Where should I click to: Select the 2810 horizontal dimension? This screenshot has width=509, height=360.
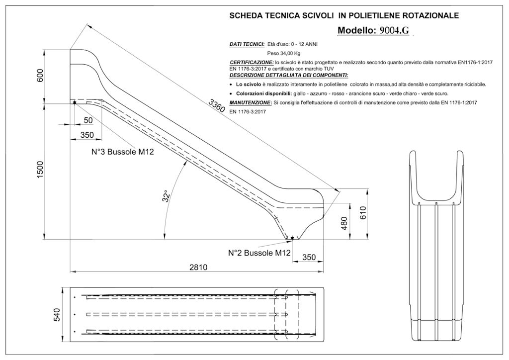click(198, 267)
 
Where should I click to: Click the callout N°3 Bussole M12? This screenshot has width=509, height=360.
click(118, 152)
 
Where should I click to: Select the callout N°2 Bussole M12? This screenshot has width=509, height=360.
click(259, 253)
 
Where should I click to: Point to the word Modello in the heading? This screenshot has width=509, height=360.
click(356, 30)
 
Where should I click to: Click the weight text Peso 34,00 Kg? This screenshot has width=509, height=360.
click(284, 53)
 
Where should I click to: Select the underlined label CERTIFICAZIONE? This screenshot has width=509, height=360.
click(252, 62)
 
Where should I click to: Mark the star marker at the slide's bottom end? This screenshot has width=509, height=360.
click(292, 238)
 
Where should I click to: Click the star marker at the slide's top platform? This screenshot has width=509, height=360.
click(75, 102)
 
